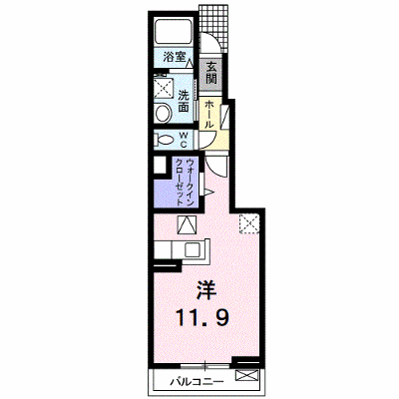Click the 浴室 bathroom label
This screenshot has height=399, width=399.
[x=175, y=57]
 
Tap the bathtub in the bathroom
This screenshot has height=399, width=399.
[x=174, y=32]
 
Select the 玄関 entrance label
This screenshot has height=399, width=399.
[x=211, y=73]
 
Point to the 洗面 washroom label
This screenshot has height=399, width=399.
[x=184, y=101]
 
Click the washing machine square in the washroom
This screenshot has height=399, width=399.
[x=164, y=88]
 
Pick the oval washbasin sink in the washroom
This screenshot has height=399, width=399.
[x=163, y=113]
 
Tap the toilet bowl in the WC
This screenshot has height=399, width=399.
[x=164, y=141]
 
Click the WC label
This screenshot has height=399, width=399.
[x=184, y=141]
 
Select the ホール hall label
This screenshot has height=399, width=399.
[x=209, y=115]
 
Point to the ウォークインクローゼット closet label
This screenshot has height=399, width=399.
[x=184, y=183]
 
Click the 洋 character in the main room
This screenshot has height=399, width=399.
[x=205, y=289]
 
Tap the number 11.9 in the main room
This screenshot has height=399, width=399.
[x=202, y=317]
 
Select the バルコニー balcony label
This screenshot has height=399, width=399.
[x=197, y=382]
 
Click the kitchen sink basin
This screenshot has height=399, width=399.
[x=193, y=249]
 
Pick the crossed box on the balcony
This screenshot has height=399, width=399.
[x=246, y=375]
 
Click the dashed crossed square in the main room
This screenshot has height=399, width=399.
[x=249, y=223]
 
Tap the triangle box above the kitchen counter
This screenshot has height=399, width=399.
[x=188, y=224]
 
